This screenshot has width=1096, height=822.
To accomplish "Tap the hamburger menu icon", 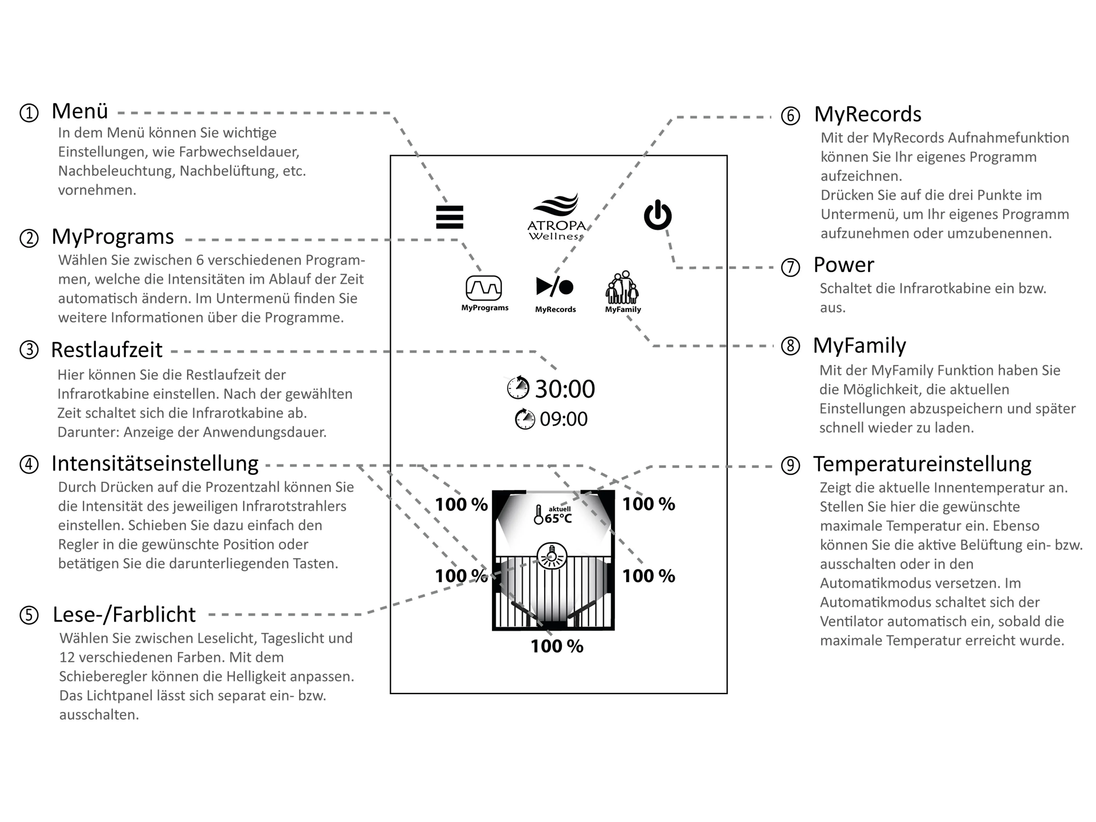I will [449, 217].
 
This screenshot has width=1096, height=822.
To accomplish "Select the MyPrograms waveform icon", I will [484, 288].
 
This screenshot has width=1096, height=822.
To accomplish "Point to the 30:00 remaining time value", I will [565, 389].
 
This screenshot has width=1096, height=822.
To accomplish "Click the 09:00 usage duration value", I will [563, 419].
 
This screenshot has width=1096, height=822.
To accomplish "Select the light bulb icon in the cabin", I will [552, 556].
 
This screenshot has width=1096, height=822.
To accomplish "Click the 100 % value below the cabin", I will [557, 646].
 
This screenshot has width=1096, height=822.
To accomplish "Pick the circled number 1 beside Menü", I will [29, 113].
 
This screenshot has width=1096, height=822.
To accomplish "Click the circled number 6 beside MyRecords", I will [790, 116].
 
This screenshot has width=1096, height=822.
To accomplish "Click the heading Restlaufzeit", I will [107, 350].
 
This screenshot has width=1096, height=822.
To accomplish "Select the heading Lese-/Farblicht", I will [124, 614].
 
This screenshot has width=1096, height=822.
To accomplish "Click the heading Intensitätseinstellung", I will [155, 464].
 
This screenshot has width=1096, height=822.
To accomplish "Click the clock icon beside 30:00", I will [518, 387].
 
